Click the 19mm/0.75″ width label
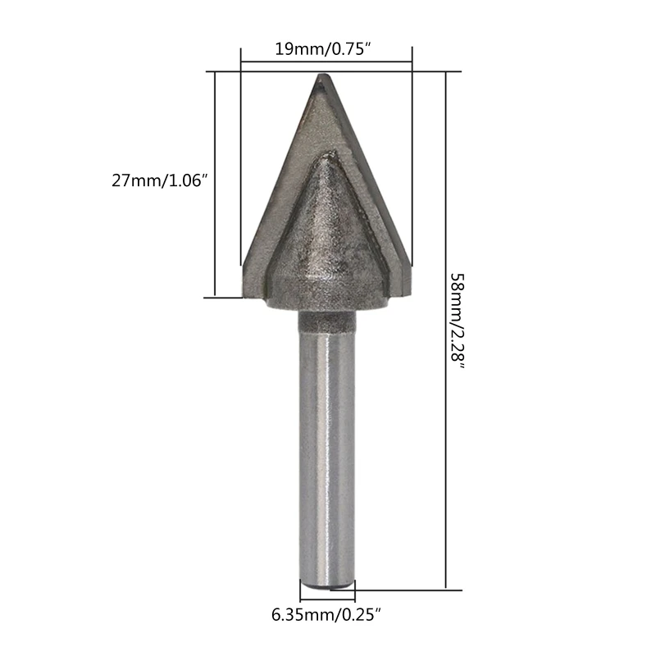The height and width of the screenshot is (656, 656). tap(326, 49)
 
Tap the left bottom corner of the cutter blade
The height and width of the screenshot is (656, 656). tap(245, 293)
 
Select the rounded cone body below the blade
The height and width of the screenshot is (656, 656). tap(326, 246)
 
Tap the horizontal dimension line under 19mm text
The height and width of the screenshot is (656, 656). tap(326, 61)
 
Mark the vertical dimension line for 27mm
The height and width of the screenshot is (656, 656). tap(215, 184)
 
